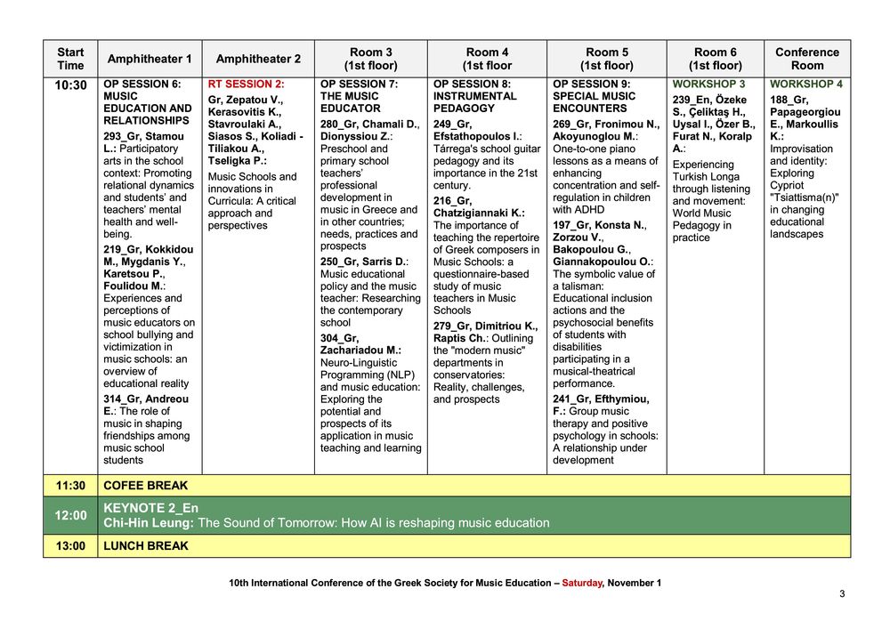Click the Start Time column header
(x=70, y=59)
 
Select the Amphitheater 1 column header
(x=150, y=59)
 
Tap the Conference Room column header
(x=806, y=59)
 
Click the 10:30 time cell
(x=70, y=85)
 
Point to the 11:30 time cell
(x=70, y=486)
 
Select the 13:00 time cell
(x=70, y=546)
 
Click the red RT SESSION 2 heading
(x=246, y=84)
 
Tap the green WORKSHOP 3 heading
(x=708, y=84)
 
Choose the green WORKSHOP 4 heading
(x=805, y=84)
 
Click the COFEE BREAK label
(x=146, y=486)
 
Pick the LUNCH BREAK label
(x=146, y=546)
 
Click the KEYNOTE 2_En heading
(x=150, y=508)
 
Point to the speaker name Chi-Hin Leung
(x=149, y=523)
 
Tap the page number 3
(x=841, y=593)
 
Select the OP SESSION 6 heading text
(x=142, y=84)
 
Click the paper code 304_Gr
(x=339, y=338)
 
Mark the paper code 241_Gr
(x=576, y=399)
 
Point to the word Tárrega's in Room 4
(x=457, y=149)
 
